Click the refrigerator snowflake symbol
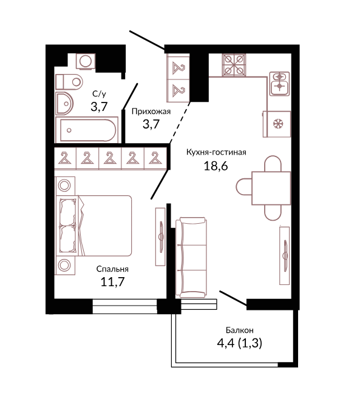278,124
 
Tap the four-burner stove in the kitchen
234,65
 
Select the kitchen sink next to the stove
279,84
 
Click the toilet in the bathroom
69,82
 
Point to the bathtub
87,130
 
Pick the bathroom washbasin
64,104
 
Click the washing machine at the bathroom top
86,61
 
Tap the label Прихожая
151,112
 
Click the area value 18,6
216,166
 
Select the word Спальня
112,269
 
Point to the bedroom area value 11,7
112,282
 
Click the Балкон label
239,330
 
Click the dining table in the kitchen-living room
271,188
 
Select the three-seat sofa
191,257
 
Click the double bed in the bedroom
93,226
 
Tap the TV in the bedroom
160,236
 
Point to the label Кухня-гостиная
216,152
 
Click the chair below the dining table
273,213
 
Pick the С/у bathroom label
99,94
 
